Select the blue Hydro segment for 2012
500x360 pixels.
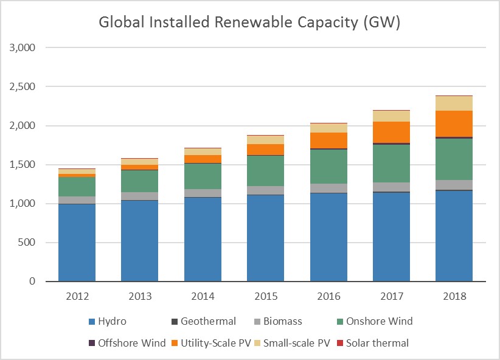coord(77,242)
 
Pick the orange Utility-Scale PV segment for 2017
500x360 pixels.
coord(391,131)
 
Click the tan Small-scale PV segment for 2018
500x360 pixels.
coord(454,103)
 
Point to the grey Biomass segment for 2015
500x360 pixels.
coord(266,190)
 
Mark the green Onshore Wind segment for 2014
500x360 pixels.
coord(203,176)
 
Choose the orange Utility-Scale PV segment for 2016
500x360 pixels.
coord(328,140)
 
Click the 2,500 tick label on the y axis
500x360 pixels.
coord(24,87)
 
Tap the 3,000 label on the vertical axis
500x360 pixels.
coord(24,47)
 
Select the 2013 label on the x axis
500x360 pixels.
coord(140,297)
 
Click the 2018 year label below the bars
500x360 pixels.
coord(454,297)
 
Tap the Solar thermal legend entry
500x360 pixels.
coord(377,343)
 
